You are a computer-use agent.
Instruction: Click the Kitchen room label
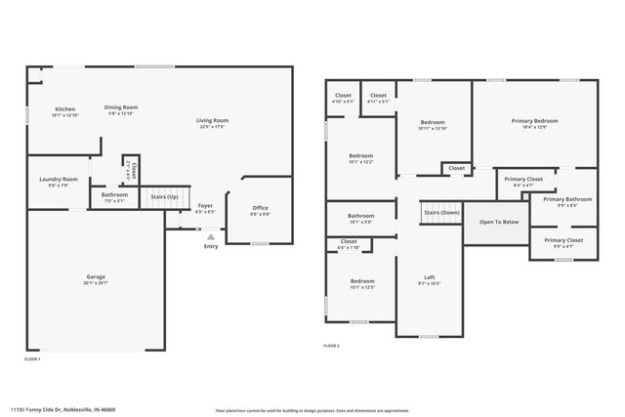pos(64,108)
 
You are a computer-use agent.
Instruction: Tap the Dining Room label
pos(121,107)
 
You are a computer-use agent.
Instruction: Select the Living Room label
pos(212,120)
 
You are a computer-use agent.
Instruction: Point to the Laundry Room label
pos(59,179)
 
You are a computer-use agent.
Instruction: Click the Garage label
pos(94,276)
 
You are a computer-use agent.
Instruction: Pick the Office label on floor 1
pos(260,207)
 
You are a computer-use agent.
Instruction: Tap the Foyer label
pos(205,205)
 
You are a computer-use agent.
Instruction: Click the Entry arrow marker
pos(211,235)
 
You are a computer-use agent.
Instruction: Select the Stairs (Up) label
pos(164,196)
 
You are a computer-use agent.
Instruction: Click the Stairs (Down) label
pos(441,212)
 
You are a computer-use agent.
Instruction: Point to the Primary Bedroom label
pos(534,121)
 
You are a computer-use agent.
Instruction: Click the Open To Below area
pos(498,222)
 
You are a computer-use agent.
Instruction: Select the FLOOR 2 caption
pos(332,346)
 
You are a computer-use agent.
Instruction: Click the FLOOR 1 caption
pos(32,359)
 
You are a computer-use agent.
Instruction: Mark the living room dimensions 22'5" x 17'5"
pos(212,126)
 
